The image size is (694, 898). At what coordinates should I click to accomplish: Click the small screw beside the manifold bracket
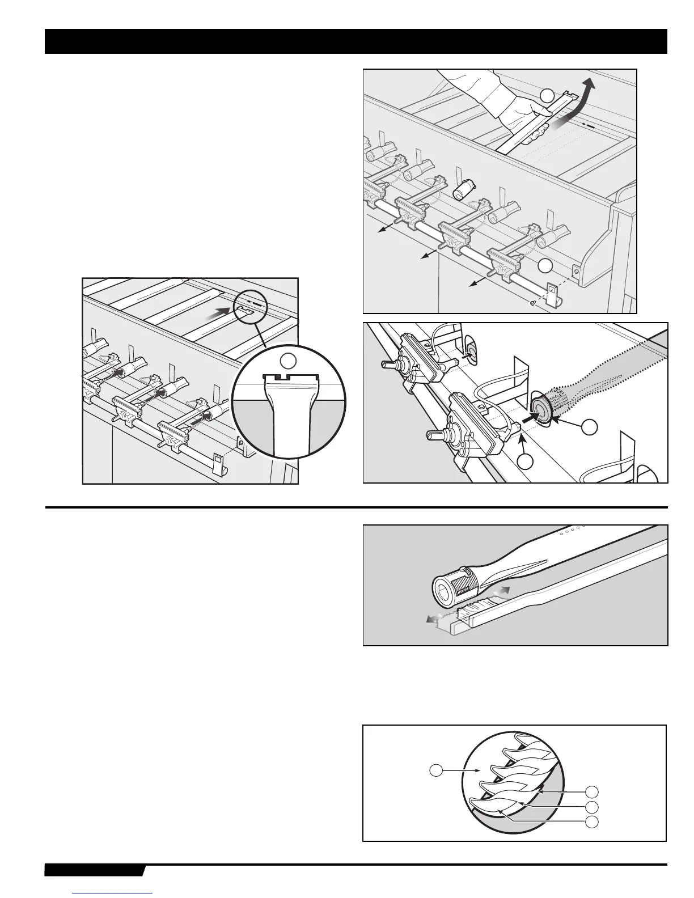(532, 303)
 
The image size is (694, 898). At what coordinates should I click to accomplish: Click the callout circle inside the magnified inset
(289, 360)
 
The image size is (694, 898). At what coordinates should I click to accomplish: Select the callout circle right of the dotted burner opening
(590, 427)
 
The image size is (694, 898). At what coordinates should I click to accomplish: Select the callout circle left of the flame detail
(435, 770)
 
